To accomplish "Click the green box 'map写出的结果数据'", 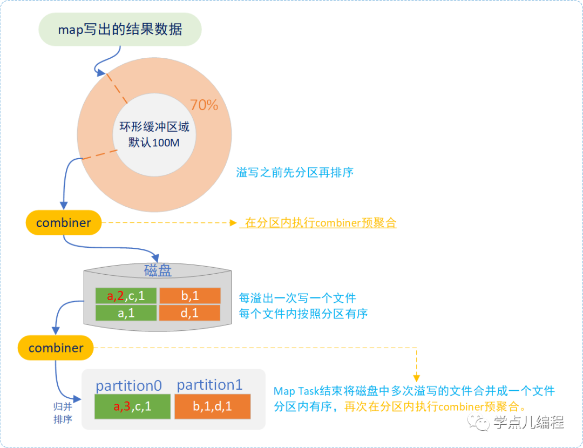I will (120, 29).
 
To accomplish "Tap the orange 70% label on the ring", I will (204, 105).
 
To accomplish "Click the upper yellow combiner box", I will (64, 222).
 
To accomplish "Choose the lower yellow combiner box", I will (56, 348).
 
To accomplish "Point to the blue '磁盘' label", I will (158, 270).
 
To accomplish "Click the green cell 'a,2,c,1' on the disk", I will (126, 296).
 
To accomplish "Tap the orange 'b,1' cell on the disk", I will (189, 296).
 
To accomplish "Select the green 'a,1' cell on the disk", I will (126, 313).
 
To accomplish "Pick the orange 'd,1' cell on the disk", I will (189, 313).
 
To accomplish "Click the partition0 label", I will (128, 385).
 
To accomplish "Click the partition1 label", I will (209, 385).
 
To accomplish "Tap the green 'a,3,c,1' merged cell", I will (132, 406).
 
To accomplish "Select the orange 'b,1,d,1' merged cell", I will (212, 406).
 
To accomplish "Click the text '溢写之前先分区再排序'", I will (295, 173).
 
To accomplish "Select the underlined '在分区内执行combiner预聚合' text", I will (321, 223).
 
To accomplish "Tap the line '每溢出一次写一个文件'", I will (297, 298).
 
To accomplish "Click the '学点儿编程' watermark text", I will (528, 423).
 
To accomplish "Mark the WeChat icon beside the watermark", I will (479, 423).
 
